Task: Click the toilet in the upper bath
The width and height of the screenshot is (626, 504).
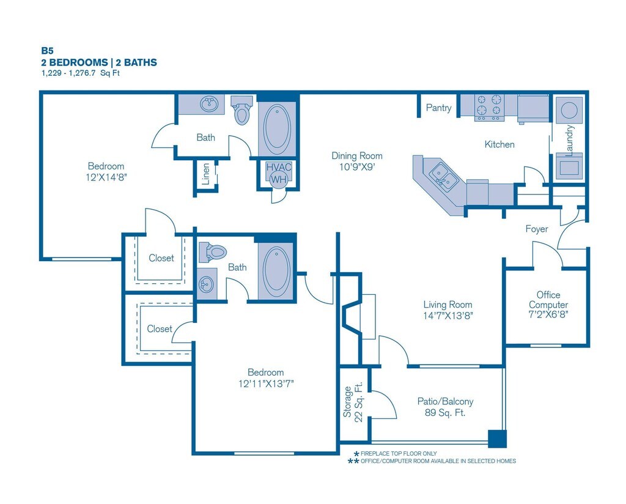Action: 242,110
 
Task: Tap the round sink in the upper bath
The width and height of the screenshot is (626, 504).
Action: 209,104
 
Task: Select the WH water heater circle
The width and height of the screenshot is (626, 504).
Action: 279,179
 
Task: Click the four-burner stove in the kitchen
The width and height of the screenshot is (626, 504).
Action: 489,107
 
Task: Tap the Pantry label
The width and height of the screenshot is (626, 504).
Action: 439,108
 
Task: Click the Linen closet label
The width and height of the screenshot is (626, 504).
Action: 205,174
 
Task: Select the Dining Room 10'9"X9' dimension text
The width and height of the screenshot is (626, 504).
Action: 357,161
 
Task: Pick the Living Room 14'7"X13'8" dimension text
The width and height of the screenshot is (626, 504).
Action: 448,310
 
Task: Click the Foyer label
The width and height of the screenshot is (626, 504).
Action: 537,229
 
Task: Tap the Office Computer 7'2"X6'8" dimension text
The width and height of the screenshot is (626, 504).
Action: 548,305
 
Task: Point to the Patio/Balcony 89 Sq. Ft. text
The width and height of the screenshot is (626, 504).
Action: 445,407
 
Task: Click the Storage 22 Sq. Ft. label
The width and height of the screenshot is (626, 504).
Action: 353,401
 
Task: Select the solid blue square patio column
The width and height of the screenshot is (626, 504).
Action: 497,439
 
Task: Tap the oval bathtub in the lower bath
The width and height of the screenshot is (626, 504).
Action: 276,271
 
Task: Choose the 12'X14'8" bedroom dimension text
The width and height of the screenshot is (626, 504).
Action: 106,177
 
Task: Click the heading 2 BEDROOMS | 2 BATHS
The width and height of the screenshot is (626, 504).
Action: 99,62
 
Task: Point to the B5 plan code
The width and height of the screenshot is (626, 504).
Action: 47,51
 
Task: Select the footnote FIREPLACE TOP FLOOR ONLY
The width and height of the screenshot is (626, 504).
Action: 399,454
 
